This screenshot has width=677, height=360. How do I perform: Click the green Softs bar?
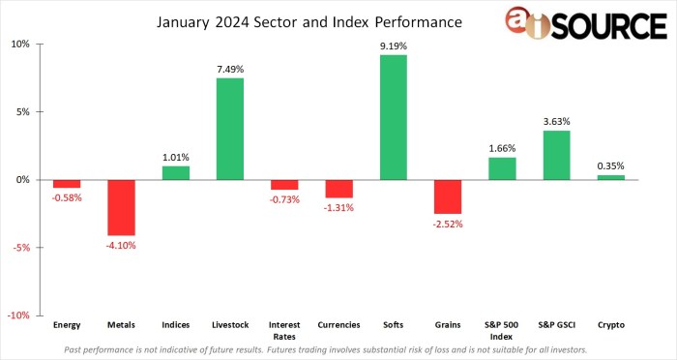click(x=393, y=117)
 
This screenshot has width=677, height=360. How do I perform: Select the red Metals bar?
click(x=121, y=207)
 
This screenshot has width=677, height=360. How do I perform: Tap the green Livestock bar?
click(x=229, y=129)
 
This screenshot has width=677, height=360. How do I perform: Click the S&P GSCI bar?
click(x=556, y=155)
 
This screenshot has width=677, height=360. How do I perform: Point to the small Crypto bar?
click(x=610, y=177)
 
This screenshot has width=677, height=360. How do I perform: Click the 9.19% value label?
click(x=393, y=45)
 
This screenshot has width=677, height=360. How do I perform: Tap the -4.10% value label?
click(x=121, y=245)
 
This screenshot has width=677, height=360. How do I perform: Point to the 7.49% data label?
click(x=229, y=69)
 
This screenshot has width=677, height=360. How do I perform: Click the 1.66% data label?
click(x=502, y=148)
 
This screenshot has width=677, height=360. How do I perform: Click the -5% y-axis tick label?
click(x=22, y=247)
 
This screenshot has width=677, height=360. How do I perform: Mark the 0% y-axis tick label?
click(x=24, y=179)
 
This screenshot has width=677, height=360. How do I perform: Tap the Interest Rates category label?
click(x=284, y=329)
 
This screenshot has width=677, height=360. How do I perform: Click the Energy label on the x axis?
click(x=67, y=325)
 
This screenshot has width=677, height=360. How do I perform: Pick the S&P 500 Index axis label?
click(x=502, y=329)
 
